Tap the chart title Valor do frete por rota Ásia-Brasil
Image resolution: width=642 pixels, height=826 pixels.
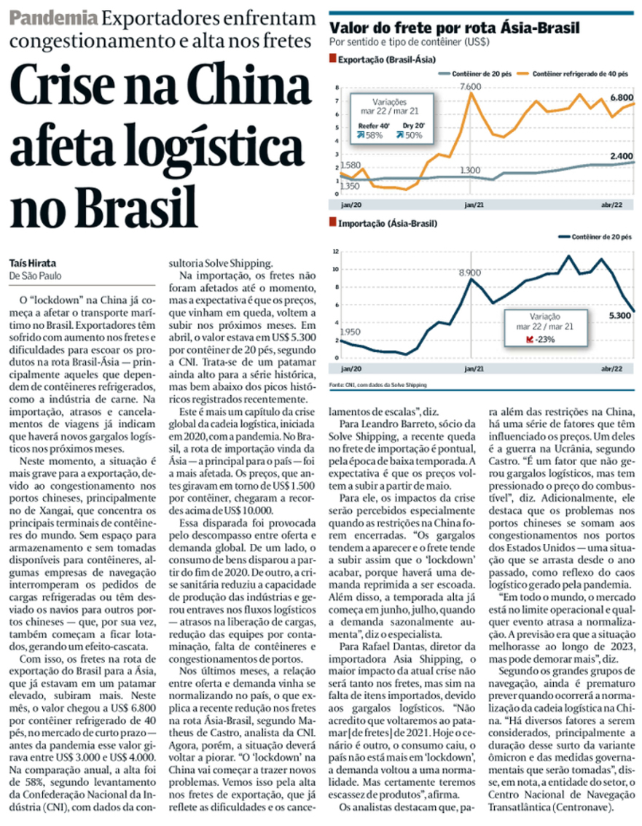tap(455, 28)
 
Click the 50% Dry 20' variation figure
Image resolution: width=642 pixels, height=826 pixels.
tap(423, 135)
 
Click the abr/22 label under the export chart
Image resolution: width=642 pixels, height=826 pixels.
tap(612, 206)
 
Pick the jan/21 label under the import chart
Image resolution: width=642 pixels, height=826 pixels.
tap(470, 370)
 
